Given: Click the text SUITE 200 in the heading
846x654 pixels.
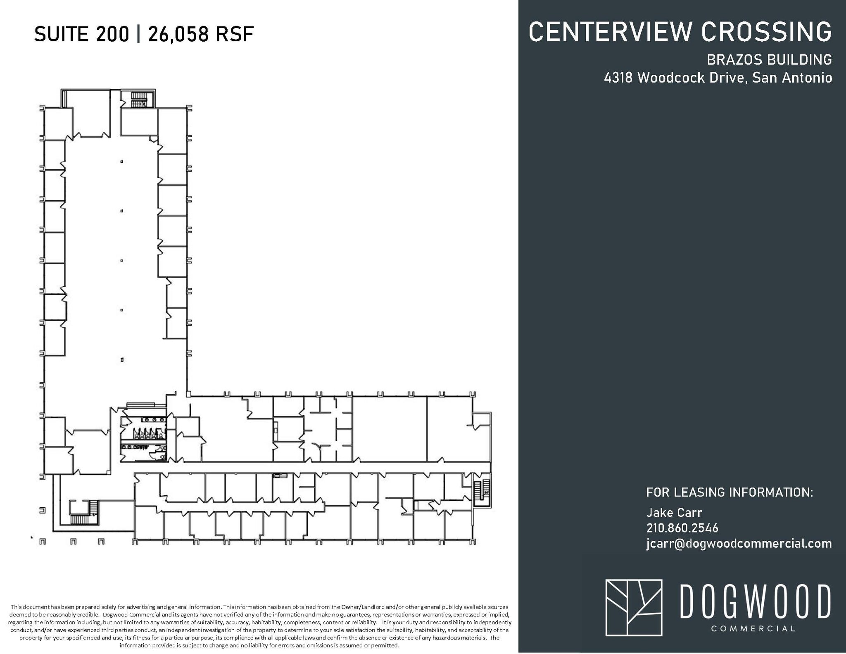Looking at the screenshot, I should point(81,34).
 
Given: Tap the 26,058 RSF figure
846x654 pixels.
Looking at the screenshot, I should point(201,34).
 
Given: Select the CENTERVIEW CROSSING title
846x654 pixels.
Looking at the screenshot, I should point(680,32).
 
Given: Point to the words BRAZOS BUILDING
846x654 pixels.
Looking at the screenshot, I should point(769,60).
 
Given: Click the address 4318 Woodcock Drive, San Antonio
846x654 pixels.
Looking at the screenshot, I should point(718,78).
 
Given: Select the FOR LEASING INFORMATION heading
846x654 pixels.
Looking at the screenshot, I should point(729,492).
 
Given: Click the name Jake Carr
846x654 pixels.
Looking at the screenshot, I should point(674,513).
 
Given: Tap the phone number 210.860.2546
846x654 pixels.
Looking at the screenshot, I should point(682,528).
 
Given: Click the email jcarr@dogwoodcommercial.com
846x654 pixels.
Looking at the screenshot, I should point(739,543).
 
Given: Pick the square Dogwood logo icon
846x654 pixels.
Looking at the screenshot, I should point(634,607).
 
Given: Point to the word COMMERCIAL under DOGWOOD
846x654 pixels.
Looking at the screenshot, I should point(753,629).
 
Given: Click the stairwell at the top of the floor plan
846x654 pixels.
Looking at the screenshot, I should point(138,100).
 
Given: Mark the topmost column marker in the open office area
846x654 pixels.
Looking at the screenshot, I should point(122,162).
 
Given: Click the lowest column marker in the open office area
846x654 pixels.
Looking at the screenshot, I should point(122,360).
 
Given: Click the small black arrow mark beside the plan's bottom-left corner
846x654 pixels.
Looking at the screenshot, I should point(32,537).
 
